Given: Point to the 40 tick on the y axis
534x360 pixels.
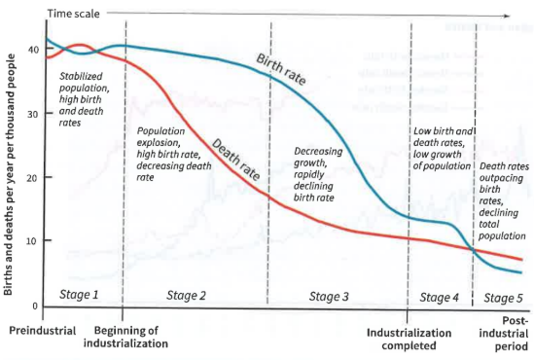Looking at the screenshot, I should (32, 50).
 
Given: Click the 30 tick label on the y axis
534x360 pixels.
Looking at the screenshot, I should (32, 114).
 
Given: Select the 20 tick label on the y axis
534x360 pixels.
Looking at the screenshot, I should (32, 178).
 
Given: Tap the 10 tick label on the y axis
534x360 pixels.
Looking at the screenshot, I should (32, 241).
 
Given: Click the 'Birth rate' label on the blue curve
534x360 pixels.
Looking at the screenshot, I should (280, 70).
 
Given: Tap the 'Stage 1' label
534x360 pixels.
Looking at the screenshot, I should (80, 293).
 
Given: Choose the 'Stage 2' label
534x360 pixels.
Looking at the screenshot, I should (187, 294).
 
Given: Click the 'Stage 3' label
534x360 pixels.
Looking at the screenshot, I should (330, 294).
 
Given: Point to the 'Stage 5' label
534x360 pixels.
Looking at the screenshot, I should (504, 297).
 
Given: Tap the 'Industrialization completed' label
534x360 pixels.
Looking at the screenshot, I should (409, 338).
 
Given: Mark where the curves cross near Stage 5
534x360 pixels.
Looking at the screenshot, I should (475, 251).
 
